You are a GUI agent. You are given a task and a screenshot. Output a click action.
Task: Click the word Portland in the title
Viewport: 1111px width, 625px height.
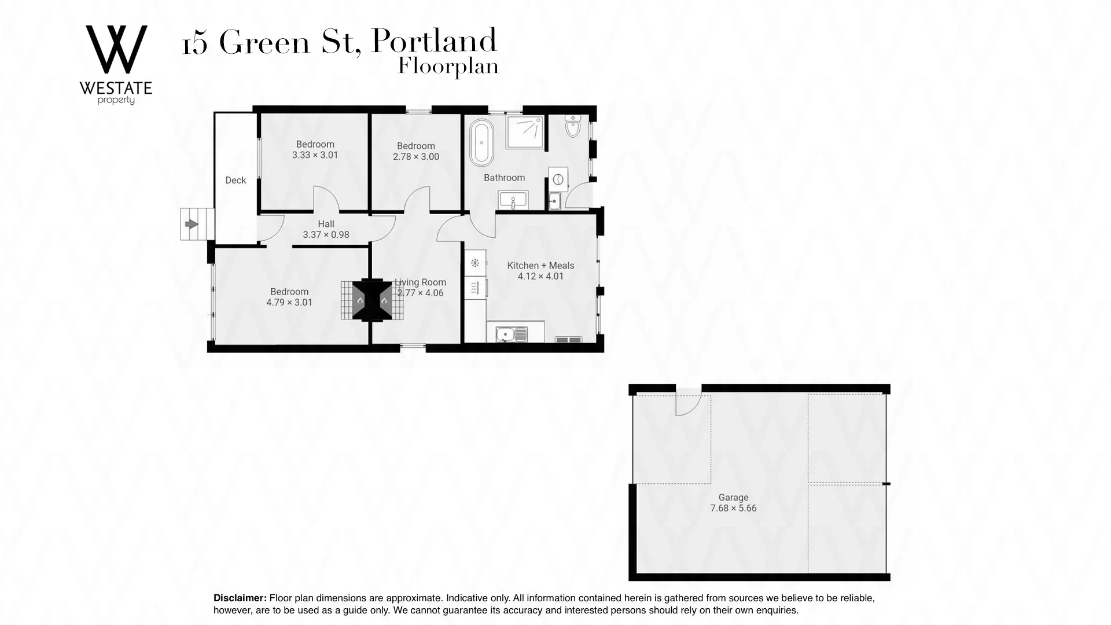(x=433, y=42)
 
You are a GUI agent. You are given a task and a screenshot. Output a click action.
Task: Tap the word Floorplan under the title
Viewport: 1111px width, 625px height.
(x=448, y=67)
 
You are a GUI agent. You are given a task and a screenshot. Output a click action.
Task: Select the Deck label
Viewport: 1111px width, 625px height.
(x=236, y=181)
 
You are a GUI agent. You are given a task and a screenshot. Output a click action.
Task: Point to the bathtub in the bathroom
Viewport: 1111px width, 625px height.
(x=481, y=142)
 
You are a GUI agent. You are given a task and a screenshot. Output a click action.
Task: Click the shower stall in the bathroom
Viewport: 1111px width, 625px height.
(x=525, y=132)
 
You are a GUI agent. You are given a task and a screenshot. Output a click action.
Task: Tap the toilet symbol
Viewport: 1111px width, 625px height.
(x=573, y=127)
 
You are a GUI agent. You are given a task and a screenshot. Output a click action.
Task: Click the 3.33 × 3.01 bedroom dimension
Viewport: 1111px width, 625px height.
(x=315, y=155)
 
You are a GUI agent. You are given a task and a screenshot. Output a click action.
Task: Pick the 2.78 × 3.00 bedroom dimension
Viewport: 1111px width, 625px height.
(x=415, y=157)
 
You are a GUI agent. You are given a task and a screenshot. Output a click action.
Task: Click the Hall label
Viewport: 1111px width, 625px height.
(x=326, y=224)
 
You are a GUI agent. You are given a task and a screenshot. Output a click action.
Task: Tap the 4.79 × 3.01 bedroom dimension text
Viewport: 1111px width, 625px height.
(x=289, y=303)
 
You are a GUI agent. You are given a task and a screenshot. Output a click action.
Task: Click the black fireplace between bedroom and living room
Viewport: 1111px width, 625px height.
(x=371, y=300)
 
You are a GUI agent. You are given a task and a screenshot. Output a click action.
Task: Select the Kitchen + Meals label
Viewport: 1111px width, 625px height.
(x=540, y=266)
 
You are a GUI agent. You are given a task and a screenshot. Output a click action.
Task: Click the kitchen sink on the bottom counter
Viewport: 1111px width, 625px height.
(x=512, y=334)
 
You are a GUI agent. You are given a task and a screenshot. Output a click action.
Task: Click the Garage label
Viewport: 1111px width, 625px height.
(x=733, y=498)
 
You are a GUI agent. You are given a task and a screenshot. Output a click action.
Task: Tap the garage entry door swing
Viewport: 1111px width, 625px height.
(x=688, y=404)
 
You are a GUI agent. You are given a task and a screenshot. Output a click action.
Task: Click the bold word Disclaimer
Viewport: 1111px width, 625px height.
(x=240, y=598)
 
